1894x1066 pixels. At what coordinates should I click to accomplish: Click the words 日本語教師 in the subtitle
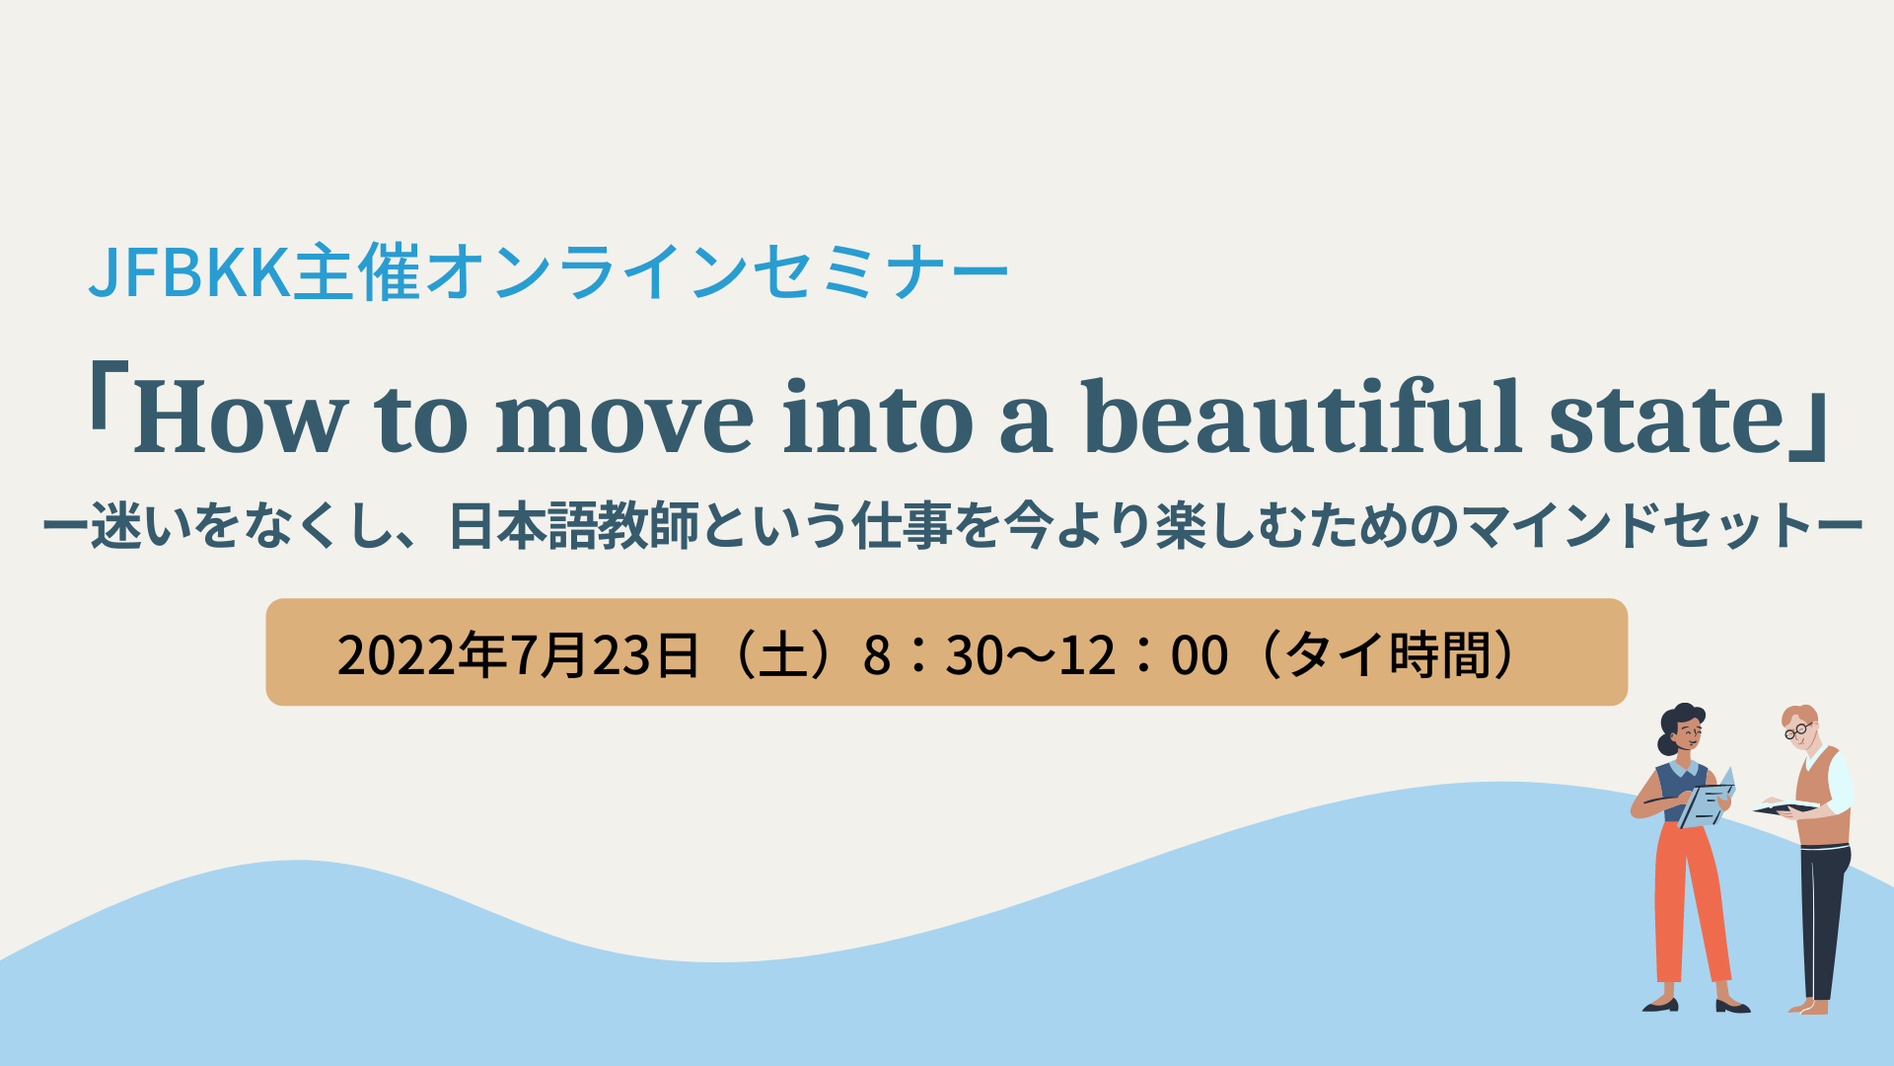click(x=572, y=526)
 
